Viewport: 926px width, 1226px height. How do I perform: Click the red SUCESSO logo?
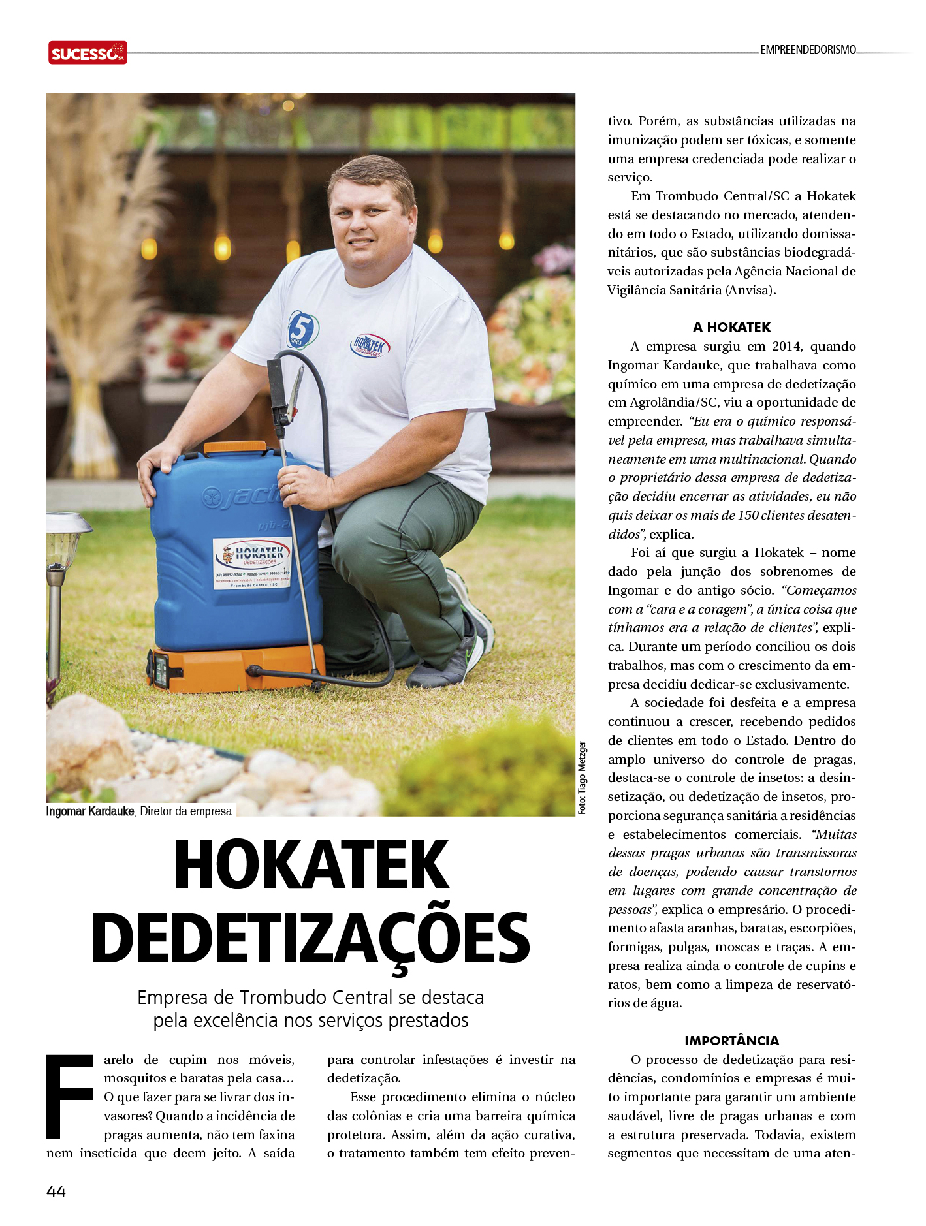click(x=88, y=53)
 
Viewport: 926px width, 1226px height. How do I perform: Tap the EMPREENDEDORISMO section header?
click(x=808, y=50)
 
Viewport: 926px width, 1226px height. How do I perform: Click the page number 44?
click(x=56, y=1191)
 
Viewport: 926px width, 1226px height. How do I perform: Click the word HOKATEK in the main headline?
click(x=311, y=865)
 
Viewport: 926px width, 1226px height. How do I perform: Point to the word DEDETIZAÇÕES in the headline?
click(x=311, y=939)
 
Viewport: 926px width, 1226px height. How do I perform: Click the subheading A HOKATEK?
click(x=731, y=327)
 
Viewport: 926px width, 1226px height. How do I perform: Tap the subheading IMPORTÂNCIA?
click(x=731, y=1041)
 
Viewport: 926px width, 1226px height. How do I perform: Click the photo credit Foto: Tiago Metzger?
click(x=583, y=778)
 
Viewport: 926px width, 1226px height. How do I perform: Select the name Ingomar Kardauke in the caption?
click(x=90, y=811)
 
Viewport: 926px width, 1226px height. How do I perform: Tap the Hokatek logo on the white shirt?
click(x=370, y=345)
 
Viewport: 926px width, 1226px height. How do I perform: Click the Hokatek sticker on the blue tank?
click(x=252, y=562)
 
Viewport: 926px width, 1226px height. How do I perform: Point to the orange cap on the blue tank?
click(x=235, y=447)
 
